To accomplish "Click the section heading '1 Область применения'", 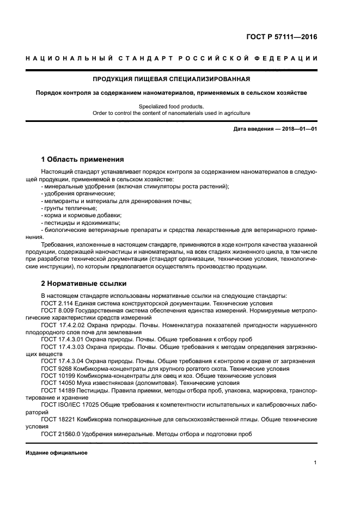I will coord(82,160).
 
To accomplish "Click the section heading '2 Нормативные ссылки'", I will coord(83,284).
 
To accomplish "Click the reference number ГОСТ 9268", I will coord(54,369).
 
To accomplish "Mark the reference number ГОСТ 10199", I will coord(56,376).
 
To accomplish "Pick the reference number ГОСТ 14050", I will coord(56,383).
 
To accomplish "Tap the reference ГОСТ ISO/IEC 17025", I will coord(68,405).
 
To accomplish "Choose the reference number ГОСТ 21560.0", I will coord(59,434).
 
